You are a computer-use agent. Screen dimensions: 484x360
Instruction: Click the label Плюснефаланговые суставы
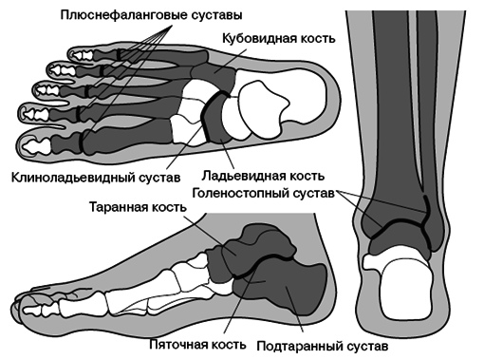(x=149, y=15)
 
